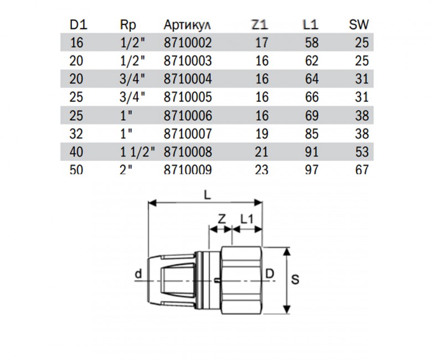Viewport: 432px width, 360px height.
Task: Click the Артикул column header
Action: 187,25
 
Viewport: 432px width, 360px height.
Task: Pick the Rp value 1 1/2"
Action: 137,152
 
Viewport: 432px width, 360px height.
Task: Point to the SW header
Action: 359,25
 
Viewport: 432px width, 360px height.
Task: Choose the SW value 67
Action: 362,170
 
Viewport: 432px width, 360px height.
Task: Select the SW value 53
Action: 362,152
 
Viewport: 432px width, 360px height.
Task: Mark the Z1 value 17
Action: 261,42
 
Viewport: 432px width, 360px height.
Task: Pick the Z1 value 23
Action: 261,170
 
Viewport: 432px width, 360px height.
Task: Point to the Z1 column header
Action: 259,25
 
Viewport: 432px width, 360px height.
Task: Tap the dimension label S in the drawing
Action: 296,280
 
